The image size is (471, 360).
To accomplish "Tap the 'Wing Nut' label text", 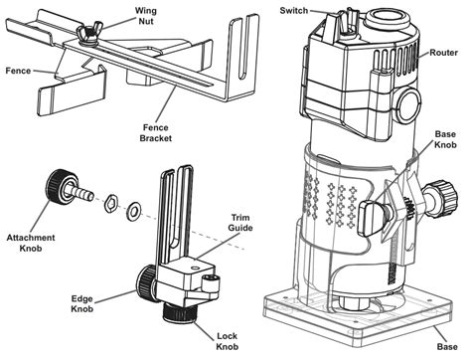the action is coord(145,16).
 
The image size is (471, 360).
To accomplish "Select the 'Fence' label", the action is coord(18,71).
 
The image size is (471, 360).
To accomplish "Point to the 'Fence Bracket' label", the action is coord(156,133).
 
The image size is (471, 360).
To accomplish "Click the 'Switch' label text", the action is coord(294,11).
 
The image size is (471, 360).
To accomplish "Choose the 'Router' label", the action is coord(444,53).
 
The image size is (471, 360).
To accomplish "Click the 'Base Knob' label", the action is coord(445,139).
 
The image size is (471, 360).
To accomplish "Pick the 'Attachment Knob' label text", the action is coord(31,243).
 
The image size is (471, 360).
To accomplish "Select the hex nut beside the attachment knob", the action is coord(111,204).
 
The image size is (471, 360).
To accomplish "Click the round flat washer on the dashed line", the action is coord(134,211).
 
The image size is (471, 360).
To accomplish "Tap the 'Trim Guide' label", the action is coord(240,223).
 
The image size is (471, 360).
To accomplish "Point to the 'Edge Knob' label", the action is coord(82,303).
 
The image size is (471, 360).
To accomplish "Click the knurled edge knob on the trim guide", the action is coord(146,283).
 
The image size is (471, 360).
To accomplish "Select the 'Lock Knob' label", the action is coord(228,341).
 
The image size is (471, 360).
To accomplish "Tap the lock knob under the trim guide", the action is coord(180,312).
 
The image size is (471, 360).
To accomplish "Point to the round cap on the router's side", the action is coord(408,105).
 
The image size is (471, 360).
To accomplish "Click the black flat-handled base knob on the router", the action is coord(372,217).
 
